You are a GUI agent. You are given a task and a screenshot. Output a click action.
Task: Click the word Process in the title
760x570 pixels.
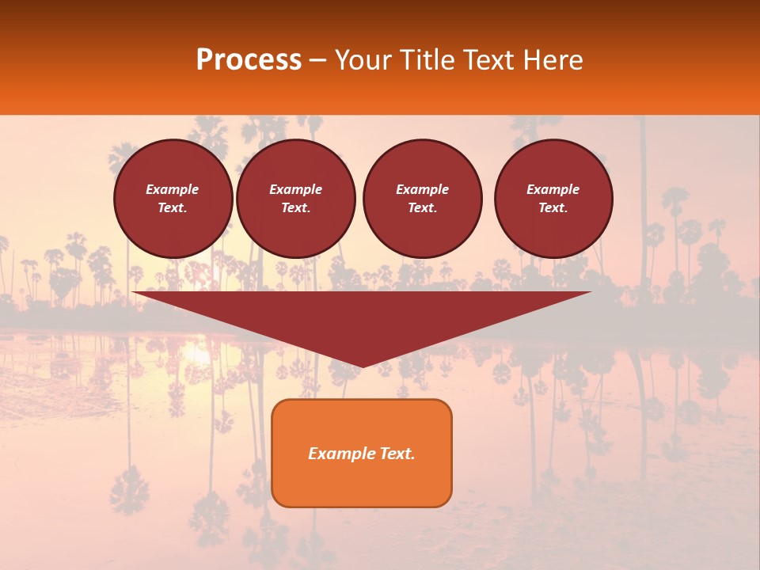(249, 60)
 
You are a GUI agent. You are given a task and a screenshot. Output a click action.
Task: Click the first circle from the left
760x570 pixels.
(173, 199)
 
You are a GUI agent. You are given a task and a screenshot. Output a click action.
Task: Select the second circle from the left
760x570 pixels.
(295, 199)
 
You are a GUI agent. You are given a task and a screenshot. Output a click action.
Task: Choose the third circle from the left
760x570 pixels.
(422, 199)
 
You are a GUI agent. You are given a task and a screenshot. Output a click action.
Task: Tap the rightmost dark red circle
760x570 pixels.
(553, 199)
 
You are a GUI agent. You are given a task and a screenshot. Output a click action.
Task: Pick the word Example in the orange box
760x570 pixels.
(337, 454)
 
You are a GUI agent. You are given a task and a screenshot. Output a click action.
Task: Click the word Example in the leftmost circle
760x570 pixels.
(173, 189)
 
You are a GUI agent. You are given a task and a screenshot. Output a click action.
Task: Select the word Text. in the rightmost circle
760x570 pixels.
(553, 207)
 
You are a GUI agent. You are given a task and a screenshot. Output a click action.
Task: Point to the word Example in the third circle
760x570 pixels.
(422, 189)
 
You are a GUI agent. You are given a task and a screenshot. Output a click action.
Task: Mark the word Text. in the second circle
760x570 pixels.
(295, 207)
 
